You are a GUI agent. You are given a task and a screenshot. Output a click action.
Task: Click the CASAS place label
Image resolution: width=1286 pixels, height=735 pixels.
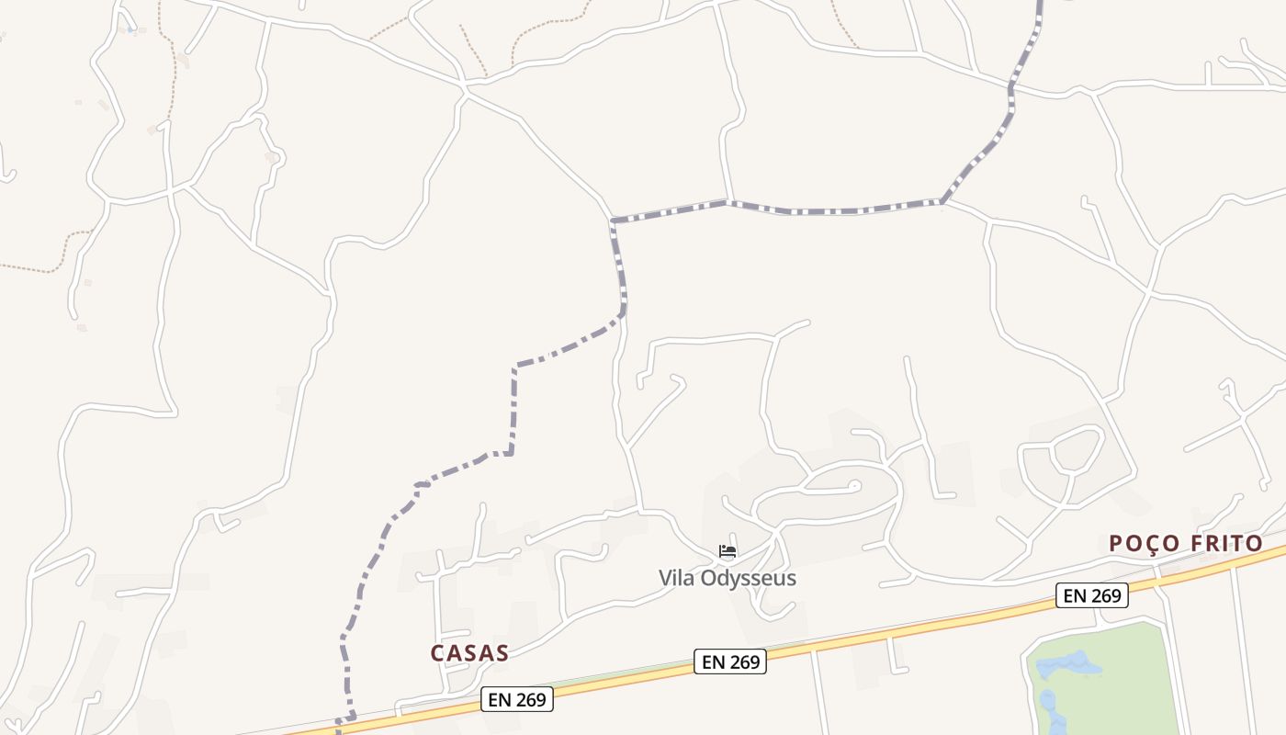point(469,653)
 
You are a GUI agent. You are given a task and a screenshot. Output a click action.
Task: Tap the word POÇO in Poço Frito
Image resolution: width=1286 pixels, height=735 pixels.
point(1144,544)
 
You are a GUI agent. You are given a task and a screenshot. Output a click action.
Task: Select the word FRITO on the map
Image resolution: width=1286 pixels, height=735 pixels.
point(1226,544)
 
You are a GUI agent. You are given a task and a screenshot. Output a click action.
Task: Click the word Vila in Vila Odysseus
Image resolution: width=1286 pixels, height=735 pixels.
point(676,578)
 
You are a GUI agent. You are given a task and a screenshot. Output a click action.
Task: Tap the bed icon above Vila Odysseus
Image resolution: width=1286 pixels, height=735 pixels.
point(728,552)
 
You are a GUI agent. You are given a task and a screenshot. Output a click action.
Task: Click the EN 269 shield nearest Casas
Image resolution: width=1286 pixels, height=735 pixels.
point(518,699)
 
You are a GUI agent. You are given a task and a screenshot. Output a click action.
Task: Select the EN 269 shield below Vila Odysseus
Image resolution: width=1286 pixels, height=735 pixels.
point(730,661)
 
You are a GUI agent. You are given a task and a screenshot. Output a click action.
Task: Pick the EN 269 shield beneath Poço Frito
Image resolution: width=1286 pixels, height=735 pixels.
point(1091,595)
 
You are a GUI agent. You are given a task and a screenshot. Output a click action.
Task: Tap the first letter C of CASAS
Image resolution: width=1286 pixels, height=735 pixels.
point(438,653)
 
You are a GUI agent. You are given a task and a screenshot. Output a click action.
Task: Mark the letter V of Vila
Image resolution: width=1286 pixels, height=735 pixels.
point(665,578)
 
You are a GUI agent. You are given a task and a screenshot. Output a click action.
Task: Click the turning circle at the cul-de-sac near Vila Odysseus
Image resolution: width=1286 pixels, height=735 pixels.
point(854,485)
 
